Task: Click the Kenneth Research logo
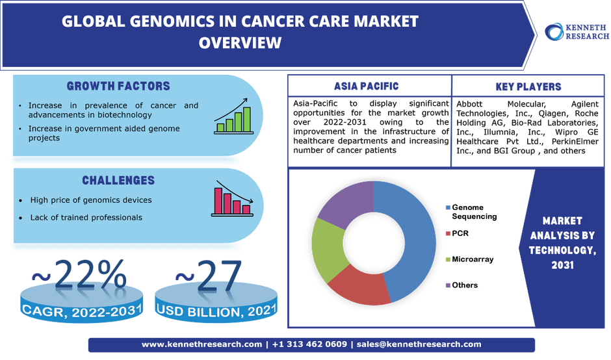(577, 32)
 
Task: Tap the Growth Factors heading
(118, 86)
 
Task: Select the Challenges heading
(118, 181)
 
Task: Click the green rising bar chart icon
(234, 116)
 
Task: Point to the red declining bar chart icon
(233, 199)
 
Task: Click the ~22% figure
(79, 275)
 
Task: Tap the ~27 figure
(209, 276)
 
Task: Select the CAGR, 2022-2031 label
(82, 311)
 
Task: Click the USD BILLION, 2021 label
(216, 311)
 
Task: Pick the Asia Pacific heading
(367, 86)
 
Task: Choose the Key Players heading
(528, 86)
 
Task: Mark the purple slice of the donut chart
(348, 203)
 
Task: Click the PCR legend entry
(458, 233)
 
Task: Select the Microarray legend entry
(469, 259)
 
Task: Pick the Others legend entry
(461, 285)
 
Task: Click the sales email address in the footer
(419, 344)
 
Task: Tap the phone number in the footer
(310, 344)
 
